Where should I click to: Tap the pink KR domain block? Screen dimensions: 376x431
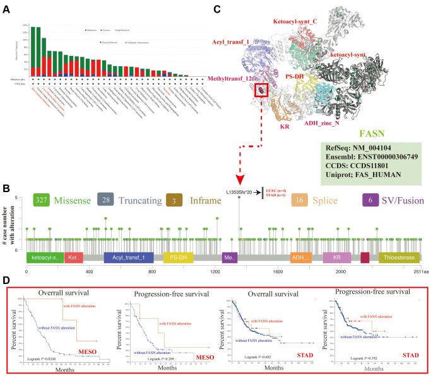click(x=336, y=258)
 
